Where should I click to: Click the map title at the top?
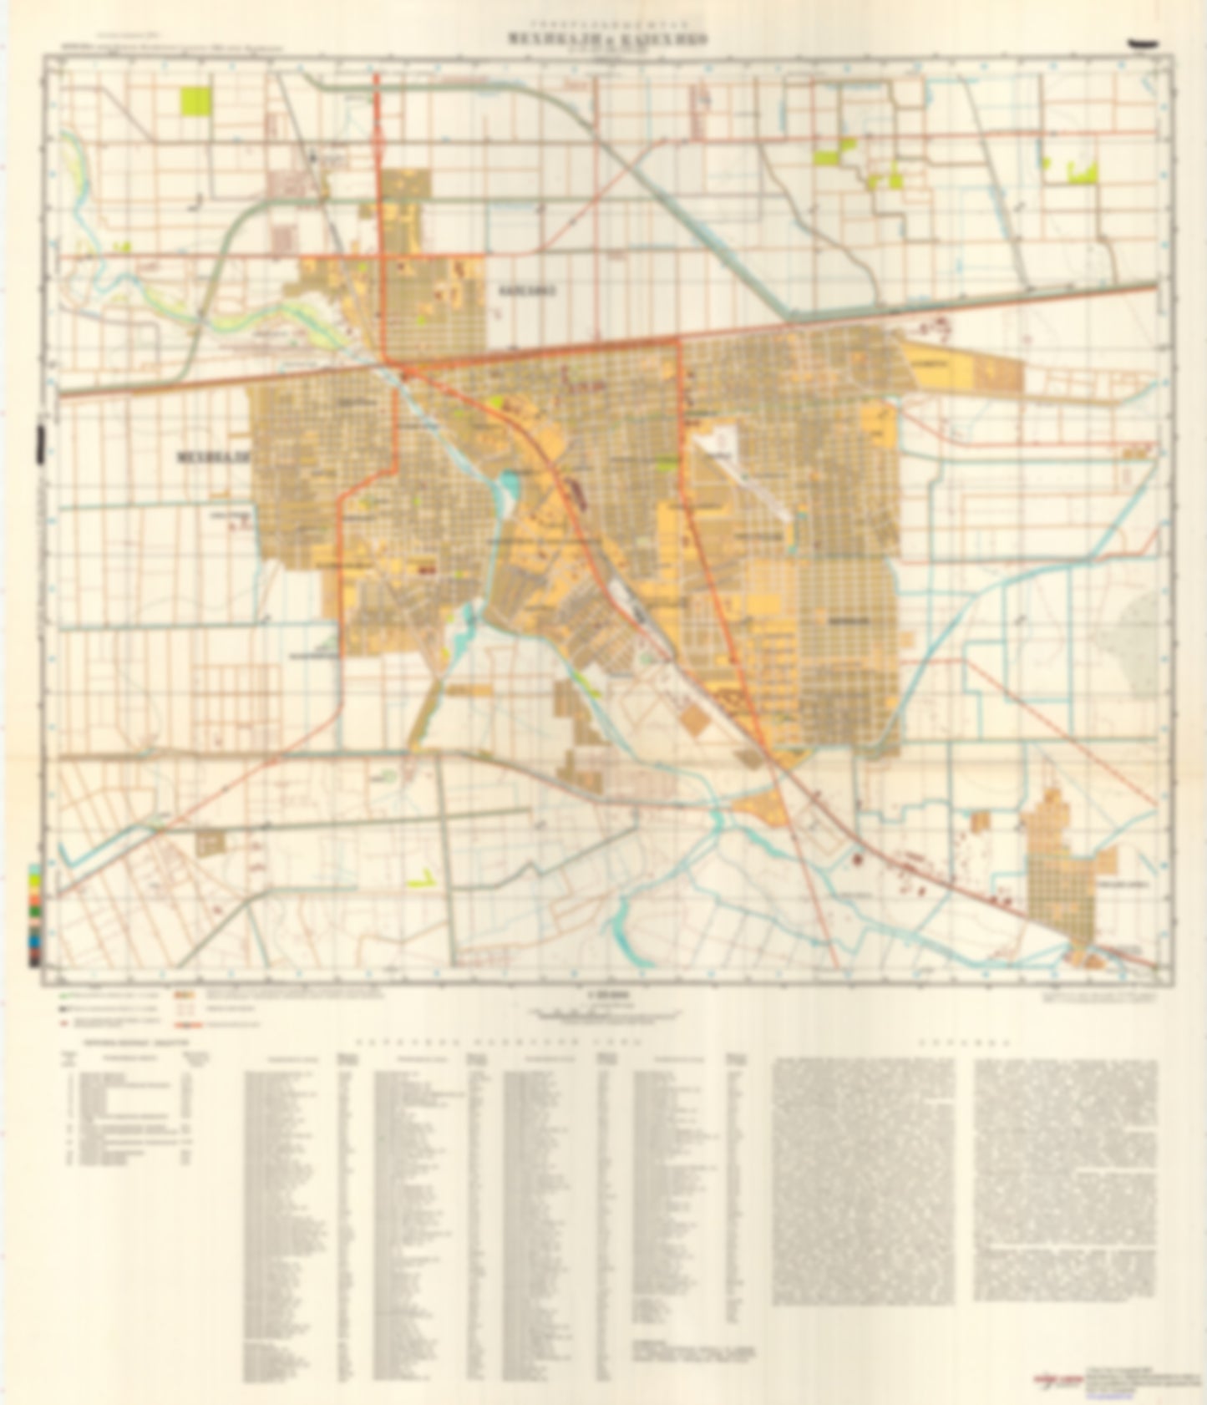tap(602, 39)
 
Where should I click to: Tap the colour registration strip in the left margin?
tap(33, 916)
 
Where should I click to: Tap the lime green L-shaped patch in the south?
tap(422, 880)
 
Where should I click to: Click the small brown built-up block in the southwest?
tap(210, 845)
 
